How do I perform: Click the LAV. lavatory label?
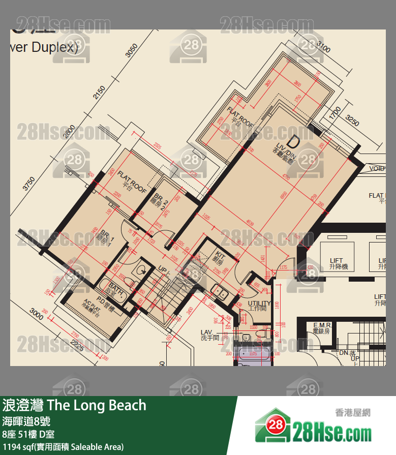coord(209,335)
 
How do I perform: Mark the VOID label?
coord(377,168)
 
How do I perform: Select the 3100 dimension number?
coord(323,48)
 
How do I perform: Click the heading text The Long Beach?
coord(96,405)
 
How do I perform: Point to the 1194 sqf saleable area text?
coord(63,447)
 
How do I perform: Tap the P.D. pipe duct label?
coord(105,307)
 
